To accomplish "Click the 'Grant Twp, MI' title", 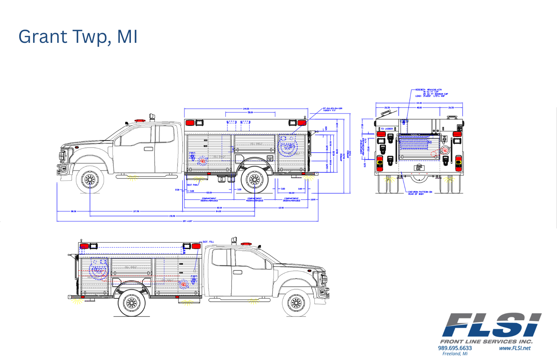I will [x=78, y=37].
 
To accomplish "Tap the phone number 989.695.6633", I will [x=455, y=348].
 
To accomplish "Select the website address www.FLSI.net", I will [x=515, y=348].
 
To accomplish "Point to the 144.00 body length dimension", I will [x=246, y=109].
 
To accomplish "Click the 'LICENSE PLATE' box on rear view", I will [x=419, y=168].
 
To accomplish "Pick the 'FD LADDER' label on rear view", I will [x=387, y=129].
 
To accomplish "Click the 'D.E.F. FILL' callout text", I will [x=208, y=242].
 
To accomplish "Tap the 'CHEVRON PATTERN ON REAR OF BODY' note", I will [x=420, y=192].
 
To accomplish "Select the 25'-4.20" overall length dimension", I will [x=187, y=221].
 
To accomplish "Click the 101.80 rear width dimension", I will [x=419, y=103].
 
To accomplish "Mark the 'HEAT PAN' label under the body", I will [x=193, y=185].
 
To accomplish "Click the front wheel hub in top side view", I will [x=90, y=179].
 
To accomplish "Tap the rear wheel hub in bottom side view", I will [x=132, y=303].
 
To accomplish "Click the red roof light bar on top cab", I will [x=140, y=120].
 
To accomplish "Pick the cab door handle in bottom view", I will [x=237, y=272].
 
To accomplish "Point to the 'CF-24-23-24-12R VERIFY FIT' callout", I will [x=332, y=109].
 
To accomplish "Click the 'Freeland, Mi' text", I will [x=455, y=354].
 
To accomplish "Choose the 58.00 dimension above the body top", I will [x=250, y=112].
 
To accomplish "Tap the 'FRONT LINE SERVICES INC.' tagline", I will [x=486, y=342].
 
